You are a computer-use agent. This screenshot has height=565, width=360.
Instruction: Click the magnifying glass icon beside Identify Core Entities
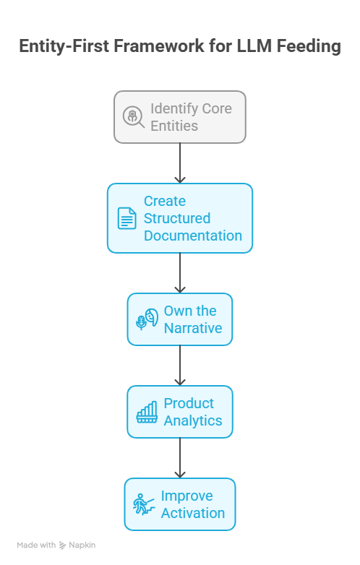[x=134, y=117]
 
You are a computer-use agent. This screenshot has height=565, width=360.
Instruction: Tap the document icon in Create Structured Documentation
[x=127, y=218]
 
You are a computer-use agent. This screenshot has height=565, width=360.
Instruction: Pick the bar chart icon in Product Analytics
[x=147, y=413]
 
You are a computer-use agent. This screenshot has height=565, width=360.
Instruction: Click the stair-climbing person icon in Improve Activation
[x=144, y=504]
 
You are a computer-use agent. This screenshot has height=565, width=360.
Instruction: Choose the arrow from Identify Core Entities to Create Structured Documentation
[x=180, y=163]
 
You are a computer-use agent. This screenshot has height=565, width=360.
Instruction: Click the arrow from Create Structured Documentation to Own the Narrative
[x=180, y=272]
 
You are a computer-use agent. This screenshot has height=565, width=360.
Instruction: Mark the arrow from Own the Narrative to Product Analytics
[x=180, y=365]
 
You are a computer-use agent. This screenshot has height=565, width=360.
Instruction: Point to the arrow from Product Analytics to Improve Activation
[x=180, y=457]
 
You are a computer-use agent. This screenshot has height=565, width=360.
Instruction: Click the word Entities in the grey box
[x=174, y=126]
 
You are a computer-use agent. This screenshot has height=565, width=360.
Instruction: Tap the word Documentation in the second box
[x=192, y=236]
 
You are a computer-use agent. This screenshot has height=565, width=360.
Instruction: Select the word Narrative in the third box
[x=192, y=328]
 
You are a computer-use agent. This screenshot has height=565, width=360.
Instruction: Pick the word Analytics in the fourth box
[x=192, y=420]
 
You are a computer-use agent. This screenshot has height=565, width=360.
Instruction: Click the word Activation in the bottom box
[x=192, y=513]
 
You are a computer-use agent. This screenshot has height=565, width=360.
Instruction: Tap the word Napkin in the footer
[x=82, y=545]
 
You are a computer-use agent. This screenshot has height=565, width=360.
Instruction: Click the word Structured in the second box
[x=177, y=218]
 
